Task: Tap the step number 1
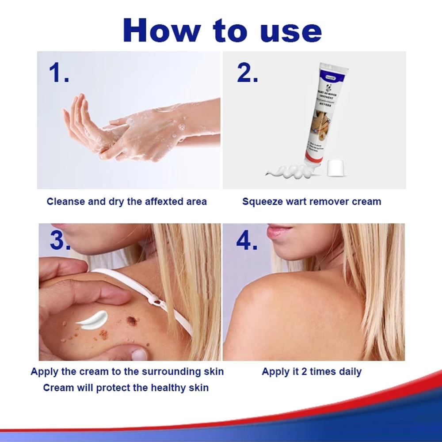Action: point(58,73)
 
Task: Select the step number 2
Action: point(247,73)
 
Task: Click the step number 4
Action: point(248,241)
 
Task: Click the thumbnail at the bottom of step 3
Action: point(140,354)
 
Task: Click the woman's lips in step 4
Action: point(280,231)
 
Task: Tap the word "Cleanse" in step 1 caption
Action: point(66,202)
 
